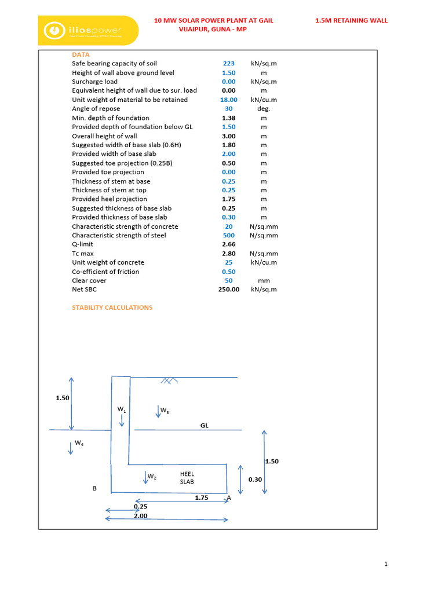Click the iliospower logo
pyautogui.click(x=87, y=30)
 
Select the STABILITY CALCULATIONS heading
pyautogui.click(x=112, y=308)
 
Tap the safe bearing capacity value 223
pyautogui.click(x=228, y=64)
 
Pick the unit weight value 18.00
pyautogui.click(x=228, y=100)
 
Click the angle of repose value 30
pyautogui.click(x=228, y=109)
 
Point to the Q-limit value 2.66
pyautogui.click(x=228, y=244)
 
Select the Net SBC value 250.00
pyautogui.click(x=228, y=290)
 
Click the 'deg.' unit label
pyautogui.click(x=264, y=109)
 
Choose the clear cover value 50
pyautogui.click(x=228, y=280)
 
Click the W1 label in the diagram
pyautogui.click(x=122, y=409)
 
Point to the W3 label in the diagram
pyautogui.click(x=165, y=411)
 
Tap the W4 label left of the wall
pyautogui.click(x=79, y=443)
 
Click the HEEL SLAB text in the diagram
pyautogui.click(x=187, y=478)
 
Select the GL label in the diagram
pyautogui.click(x=205, y=426)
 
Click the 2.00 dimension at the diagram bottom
pyautogui.click(x=141, y=515)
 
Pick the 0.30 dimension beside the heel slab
pyautogui.click(x=255, y=479)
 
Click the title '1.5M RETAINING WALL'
pyautogui.click(x=351, y=20)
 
